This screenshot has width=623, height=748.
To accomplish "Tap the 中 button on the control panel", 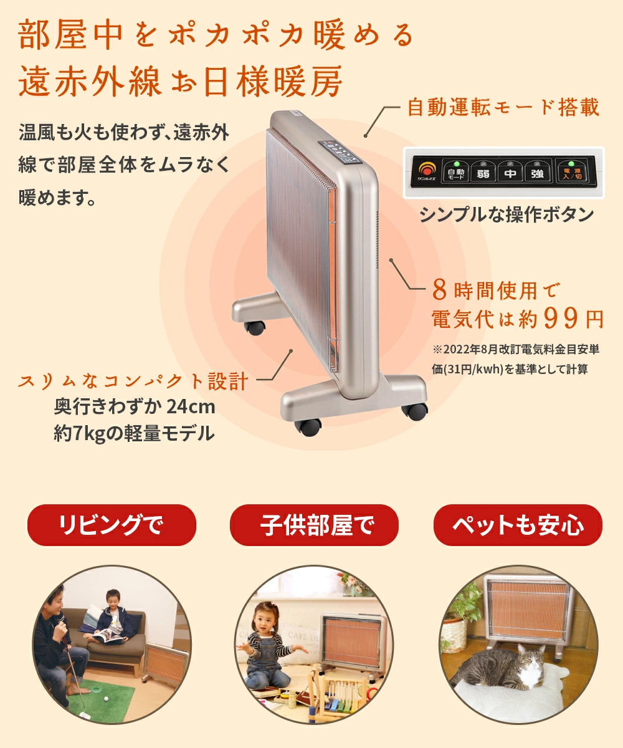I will point(510,173).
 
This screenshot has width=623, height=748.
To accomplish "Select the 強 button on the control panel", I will point(537,173).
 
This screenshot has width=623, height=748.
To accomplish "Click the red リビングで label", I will point(112,525).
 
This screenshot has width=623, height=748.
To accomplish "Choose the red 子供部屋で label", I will point(314,525).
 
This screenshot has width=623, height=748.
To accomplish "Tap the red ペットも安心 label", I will point(517,525).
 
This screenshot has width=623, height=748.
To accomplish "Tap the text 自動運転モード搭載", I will point(503,108).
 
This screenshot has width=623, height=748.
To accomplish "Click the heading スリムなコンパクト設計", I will point(134,381).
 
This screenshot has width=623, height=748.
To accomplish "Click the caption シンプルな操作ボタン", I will point(506,215).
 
